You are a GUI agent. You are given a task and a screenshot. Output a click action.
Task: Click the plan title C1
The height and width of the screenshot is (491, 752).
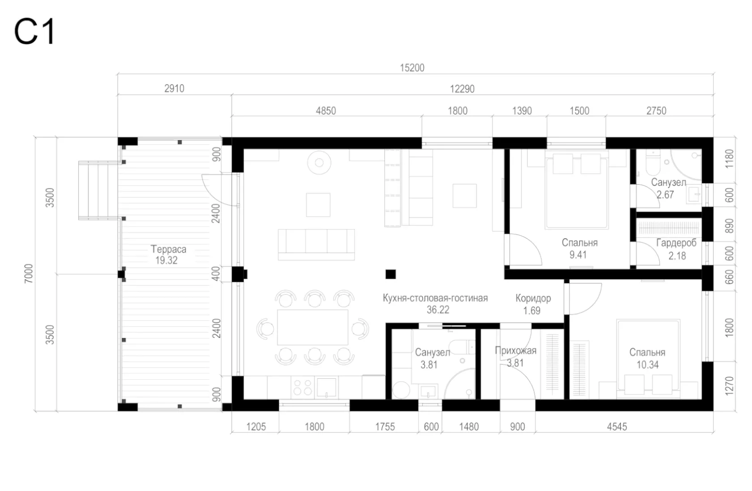34,31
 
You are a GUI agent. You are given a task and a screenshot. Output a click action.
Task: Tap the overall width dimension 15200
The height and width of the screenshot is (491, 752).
412,68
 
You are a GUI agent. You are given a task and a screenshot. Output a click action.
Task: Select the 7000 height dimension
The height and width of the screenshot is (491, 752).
29,274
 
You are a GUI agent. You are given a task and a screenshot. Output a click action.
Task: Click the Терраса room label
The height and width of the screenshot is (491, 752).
168,249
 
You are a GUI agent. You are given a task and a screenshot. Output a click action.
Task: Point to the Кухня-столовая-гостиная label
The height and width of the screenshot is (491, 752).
435,298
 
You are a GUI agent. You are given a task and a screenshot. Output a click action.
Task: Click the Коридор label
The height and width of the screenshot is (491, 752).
533,298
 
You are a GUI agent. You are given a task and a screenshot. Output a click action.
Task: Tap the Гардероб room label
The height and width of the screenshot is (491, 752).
676,243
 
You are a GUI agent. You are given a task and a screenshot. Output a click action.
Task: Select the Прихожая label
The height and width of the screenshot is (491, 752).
516,351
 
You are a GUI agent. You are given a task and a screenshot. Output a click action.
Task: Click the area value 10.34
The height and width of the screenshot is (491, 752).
648,364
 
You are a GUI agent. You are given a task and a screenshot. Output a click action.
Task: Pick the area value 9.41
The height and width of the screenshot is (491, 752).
578,255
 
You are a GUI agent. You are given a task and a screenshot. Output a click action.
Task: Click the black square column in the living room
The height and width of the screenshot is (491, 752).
390,275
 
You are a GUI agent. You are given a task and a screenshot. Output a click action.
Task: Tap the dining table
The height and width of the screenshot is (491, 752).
312,327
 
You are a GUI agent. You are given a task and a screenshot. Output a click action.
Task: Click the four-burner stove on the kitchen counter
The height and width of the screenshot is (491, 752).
303,387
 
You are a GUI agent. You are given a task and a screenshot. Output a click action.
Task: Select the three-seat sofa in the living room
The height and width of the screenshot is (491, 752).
316,245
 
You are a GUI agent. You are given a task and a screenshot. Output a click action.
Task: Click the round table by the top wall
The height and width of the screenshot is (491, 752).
319,163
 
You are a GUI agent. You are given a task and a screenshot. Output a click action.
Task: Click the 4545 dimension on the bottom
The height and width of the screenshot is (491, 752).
617,427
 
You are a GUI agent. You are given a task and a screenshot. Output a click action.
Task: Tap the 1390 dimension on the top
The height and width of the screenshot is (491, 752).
522,111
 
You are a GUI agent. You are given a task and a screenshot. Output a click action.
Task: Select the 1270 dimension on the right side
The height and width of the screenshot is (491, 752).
729,386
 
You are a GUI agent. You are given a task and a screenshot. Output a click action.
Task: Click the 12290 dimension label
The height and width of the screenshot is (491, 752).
462,89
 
